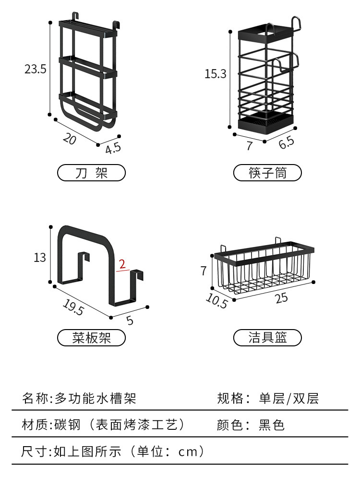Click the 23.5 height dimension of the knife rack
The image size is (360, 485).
click(36, 69)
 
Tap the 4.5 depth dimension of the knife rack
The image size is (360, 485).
click(113, 148)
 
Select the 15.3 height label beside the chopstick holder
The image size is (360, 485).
click(215, 74)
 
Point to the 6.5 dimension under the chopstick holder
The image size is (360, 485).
click(286, 142)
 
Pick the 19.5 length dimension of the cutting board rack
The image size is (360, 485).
click(72, 307)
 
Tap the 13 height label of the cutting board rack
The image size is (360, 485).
click(40, 258)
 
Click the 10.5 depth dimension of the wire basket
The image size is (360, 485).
click(216, 301)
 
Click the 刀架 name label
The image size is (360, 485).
click(91, 173)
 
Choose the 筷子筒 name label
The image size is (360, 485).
click(267, 173)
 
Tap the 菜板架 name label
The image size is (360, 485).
click(91, 338)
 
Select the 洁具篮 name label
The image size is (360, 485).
click(267, 338)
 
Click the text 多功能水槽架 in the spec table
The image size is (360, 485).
click(96, 398)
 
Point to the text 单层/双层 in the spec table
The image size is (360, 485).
click(288, 398)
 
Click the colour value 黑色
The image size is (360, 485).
click(272, 425)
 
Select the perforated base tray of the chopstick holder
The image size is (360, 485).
click(266, 123)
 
